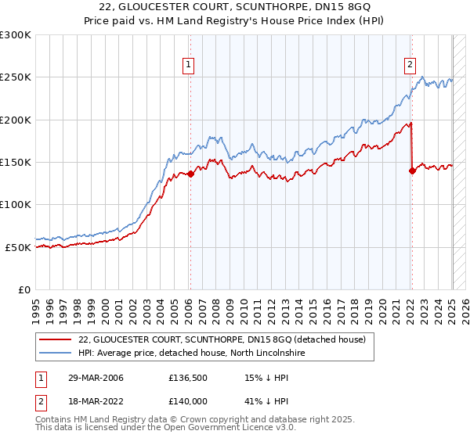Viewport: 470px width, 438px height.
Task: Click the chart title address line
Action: pos(235,7)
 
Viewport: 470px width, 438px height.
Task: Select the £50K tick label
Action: pos(19,247)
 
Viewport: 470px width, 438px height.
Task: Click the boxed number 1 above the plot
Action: pos(190,66)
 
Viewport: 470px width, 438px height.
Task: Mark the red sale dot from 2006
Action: pos(190,174)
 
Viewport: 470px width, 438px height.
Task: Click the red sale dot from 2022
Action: pos(412,171)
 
